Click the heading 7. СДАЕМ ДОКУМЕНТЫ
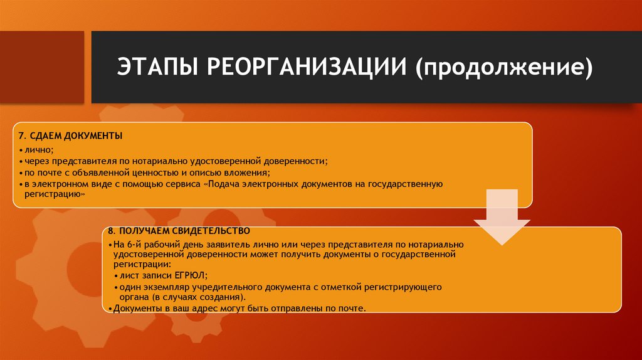coord(70,136)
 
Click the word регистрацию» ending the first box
coord(55,195)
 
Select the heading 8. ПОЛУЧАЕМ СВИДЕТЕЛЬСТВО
coord(179,231)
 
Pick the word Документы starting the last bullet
coord(135,309)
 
